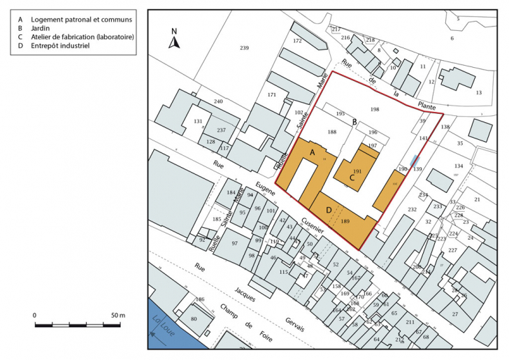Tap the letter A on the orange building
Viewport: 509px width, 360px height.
pos(313,152)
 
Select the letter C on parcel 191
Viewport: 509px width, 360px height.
pos(352,178)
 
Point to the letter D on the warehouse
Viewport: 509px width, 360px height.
pos(329,210)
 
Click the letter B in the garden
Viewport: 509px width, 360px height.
pos(355,122)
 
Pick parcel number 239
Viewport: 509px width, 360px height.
pos(244,48)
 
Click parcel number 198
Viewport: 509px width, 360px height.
pos(375,110)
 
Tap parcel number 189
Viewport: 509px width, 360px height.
pos(345,222)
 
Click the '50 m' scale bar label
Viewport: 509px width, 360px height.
pos(115,315)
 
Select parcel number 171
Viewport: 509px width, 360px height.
pos(272,94)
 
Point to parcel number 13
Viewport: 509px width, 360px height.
pos(479,92)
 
